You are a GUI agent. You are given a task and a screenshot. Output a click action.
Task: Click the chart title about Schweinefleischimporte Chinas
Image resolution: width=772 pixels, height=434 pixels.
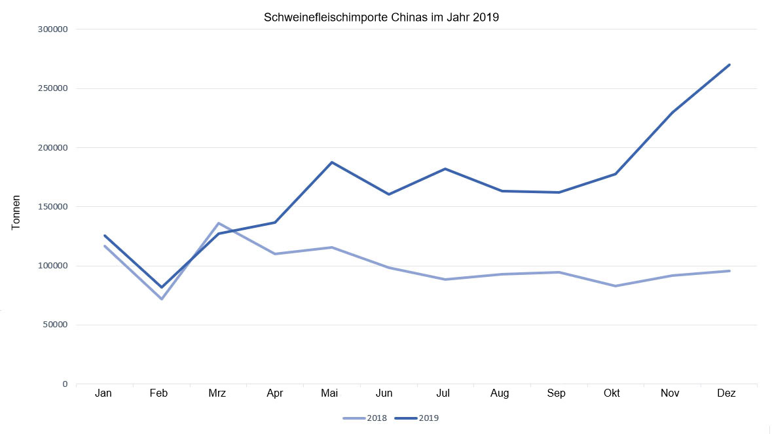point(381,18)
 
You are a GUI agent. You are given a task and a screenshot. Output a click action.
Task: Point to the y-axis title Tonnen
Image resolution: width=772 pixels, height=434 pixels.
point(17,212)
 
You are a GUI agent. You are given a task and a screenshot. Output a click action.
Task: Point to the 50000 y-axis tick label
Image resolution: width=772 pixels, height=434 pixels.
point(55,325)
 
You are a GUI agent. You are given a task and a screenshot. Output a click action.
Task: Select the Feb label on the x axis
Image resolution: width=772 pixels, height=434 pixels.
point(158,393)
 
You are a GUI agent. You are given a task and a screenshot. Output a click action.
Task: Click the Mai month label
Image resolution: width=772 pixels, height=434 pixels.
point(330,393)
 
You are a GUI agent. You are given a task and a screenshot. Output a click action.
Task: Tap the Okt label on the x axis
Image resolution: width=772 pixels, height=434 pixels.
point(612,393)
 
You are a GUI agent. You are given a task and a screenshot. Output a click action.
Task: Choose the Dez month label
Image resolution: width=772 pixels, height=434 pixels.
point(726,393)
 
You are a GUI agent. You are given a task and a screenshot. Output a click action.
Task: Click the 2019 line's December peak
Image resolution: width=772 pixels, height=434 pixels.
point(729,65)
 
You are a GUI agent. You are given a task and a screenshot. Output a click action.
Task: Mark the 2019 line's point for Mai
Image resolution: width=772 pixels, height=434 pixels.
point(332,162)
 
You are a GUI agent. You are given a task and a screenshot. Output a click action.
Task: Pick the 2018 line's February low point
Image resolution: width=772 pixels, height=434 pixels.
point(161,298)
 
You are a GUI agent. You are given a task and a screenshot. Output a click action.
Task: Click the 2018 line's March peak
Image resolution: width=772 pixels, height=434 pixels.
point(218,223)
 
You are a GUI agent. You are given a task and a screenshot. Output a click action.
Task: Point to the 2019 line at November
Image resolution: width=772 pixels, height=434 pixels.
point(672,113)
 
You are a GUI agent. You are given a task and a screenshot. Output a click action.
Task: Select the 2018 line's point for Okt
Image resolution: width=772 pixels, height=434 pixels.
point(616,286)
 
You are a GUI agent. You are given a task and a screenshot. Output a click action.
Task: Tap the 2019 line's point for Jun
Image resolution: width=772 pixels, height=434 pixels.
point(389,194)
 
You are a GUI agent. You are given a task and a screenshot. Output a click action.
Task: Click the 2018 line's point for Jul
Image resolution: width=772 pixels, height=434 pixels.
point(445,280)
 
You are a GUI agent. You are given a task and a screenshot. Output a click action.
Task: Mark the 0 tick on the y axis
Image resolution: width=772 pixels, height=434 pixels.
point(65,384)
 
